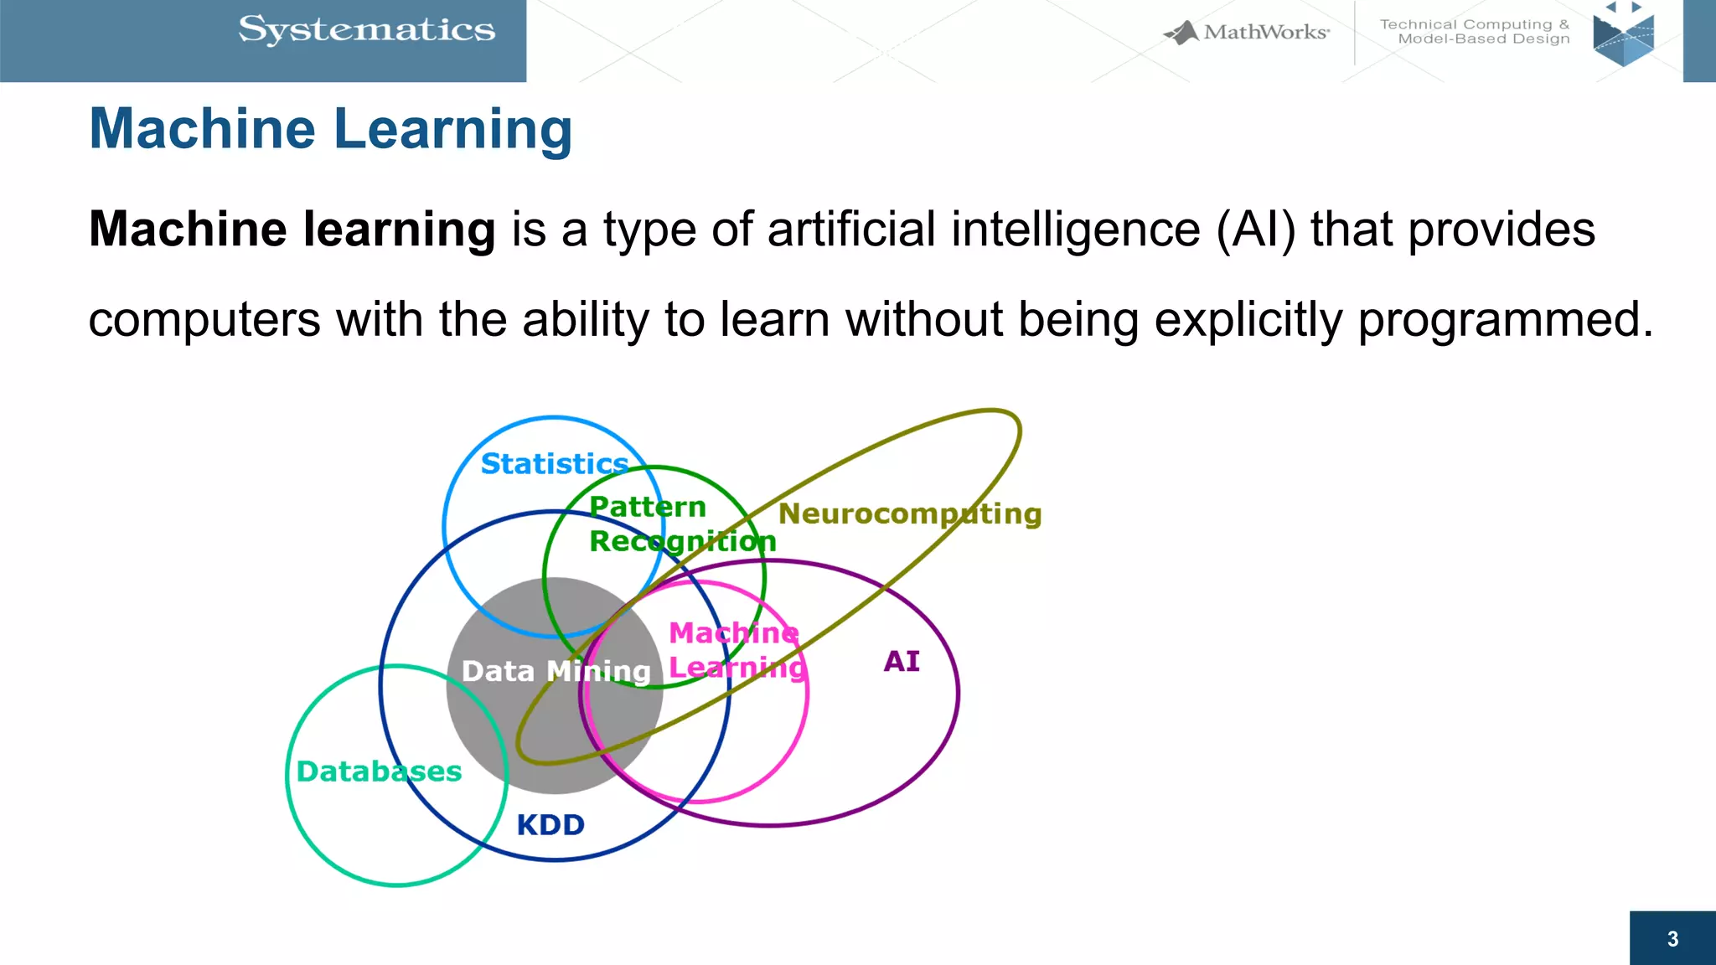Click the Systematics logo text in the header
367,30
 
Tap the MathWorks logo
1247,33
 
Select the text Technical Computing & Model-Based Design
1475,32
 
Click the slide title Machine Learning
331,130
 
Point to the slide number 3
1672,939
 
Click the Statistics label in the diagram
554,463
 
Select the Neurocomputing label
909,513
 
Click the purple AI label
902,662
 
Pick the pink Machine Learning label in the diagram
736,650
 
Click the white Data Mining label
556,671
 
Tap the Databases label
379,771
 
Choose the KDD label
550,825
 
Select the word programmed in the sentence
1505,321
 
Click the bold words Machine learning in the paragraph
292,230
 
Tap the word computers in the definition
204,321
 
